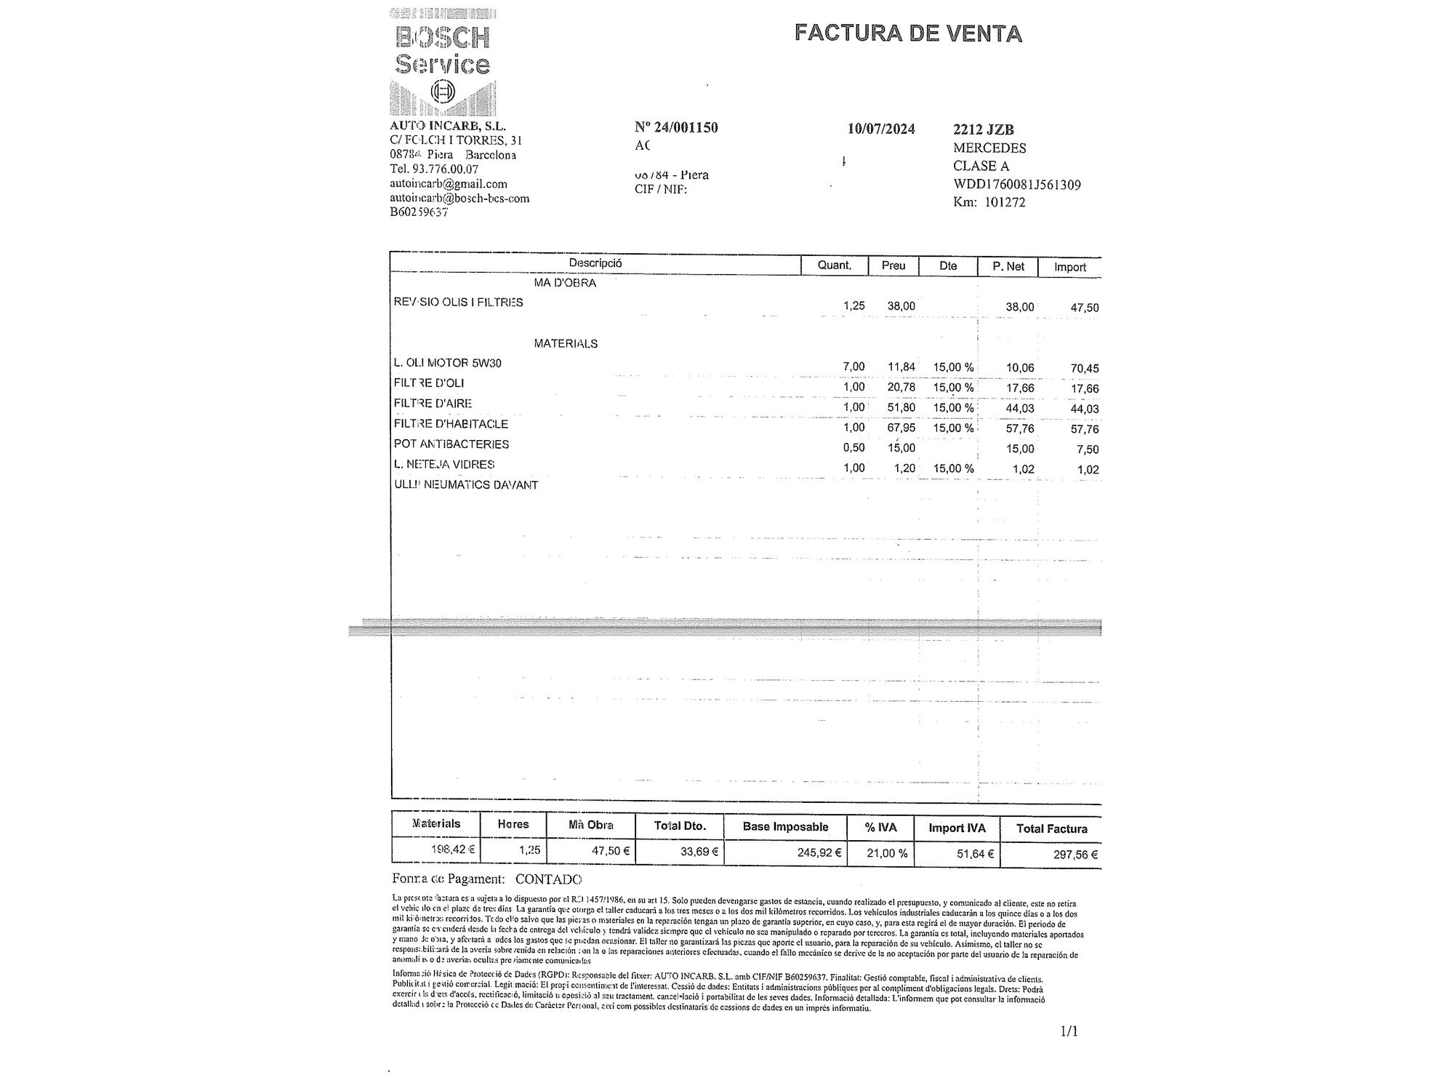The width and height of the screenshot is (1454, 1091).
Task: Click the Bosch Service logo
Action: tap(442, 62)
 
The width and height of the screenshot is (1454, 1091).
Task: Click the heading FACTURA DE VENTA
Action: tap(908, 33)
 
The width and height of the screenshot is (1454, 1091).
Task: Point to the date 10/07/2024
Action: tap(881, 129)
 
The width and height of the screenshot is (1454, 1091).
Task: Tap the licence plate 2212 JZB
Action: tap(983, 130)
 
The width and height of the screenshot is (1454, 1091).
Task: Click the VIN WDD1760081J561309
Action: tap(1017, 185)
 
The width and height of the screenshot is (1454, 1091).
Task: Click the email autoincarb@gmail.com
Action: tap(448, 184)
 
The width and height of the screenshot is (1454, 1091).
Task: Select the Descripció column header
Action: tap(595, 263)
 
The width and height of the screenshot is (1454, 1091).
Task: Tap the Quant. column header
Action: tap(834, 265)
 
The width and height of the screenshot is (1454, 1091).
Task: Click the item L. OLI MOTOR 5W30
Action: tap(447, 363)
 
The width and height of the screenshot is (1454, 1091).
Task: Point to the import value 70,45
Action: tap(1084, 368)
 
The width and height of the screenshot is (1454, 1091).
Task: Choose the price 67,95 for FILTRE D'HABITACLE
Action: tap(901, 428)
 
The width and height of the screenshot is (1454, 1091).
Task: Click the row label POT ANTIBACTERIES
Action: tap(451, 444)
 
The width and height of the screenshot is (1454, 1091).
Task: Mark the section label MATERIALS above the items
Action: tap(566, 343)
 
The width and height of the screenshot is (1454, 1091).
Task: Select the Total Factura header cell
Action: tap(1051, 828)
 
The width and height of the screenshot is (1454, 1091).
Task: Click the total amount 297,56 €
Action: tap(1075, 855)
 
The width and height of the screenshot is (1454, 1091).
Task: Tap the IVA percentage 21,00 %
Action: tap(887, 853)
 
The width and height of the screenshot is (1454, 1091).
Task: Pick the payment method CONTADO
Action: tap(548, 879)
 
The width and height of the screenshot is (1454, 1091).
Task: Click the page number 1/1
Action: tap(1069, 1031)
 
